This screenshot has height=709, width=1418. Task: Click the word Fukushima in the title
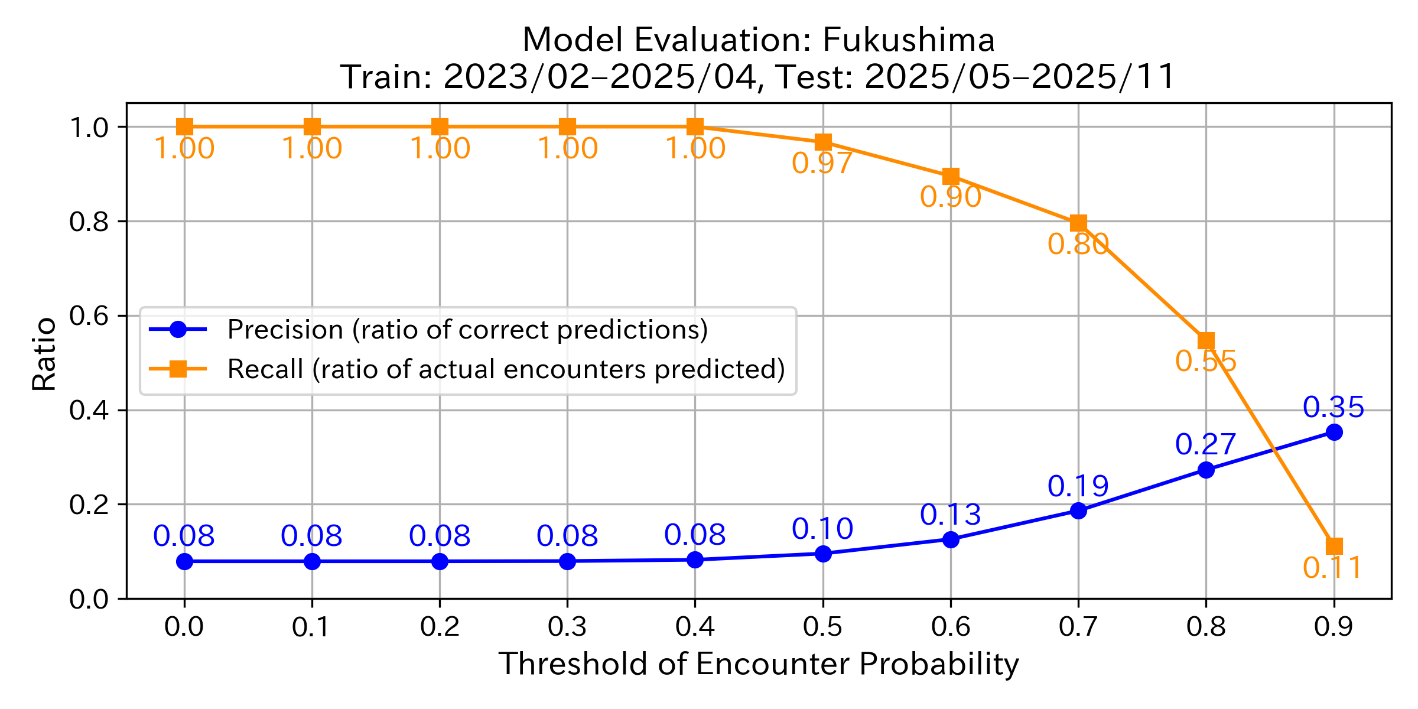(x=908, y=40)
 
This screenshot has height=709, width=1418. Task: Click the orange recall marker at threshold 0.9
(x=1334, y=546)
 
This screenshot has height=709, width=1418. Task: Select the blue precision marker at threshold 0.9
(x=1334, y=432)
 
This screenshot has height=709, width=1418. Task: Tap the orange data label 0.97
(x=822, y=163)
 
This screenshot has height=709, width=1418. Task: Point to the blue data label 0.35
(x=1334, y=407)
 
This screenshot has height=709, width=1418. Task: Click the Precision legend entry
(x=467, y=330)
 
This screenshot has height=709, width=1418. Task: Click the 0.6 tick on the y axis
(x=89, y=316)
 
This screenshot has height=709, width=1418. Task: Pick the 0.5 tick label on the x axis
(x=822, y=627)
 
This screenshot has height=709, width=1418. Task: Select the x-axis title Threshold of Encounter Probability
(x=759, y=664)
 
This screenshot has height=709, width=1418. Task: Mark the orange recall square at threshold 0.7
(x=1078, y=223)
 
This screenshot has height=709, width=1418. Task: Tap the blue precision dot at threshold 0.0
(x=184, y=561)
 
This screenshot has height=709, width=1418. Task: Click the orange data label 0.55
(x=1205, y=361)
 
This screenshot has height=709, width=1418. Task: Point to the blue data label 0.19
(x=1078, y=486)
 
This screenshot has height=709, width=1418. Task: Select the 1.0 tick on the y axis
(x=89, y=128)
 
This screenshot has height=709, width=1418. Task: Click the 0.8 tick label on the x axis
(x=1205, y=627)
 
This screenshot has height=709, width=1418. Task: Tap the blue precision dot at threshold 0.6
(x=951, y=539)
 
